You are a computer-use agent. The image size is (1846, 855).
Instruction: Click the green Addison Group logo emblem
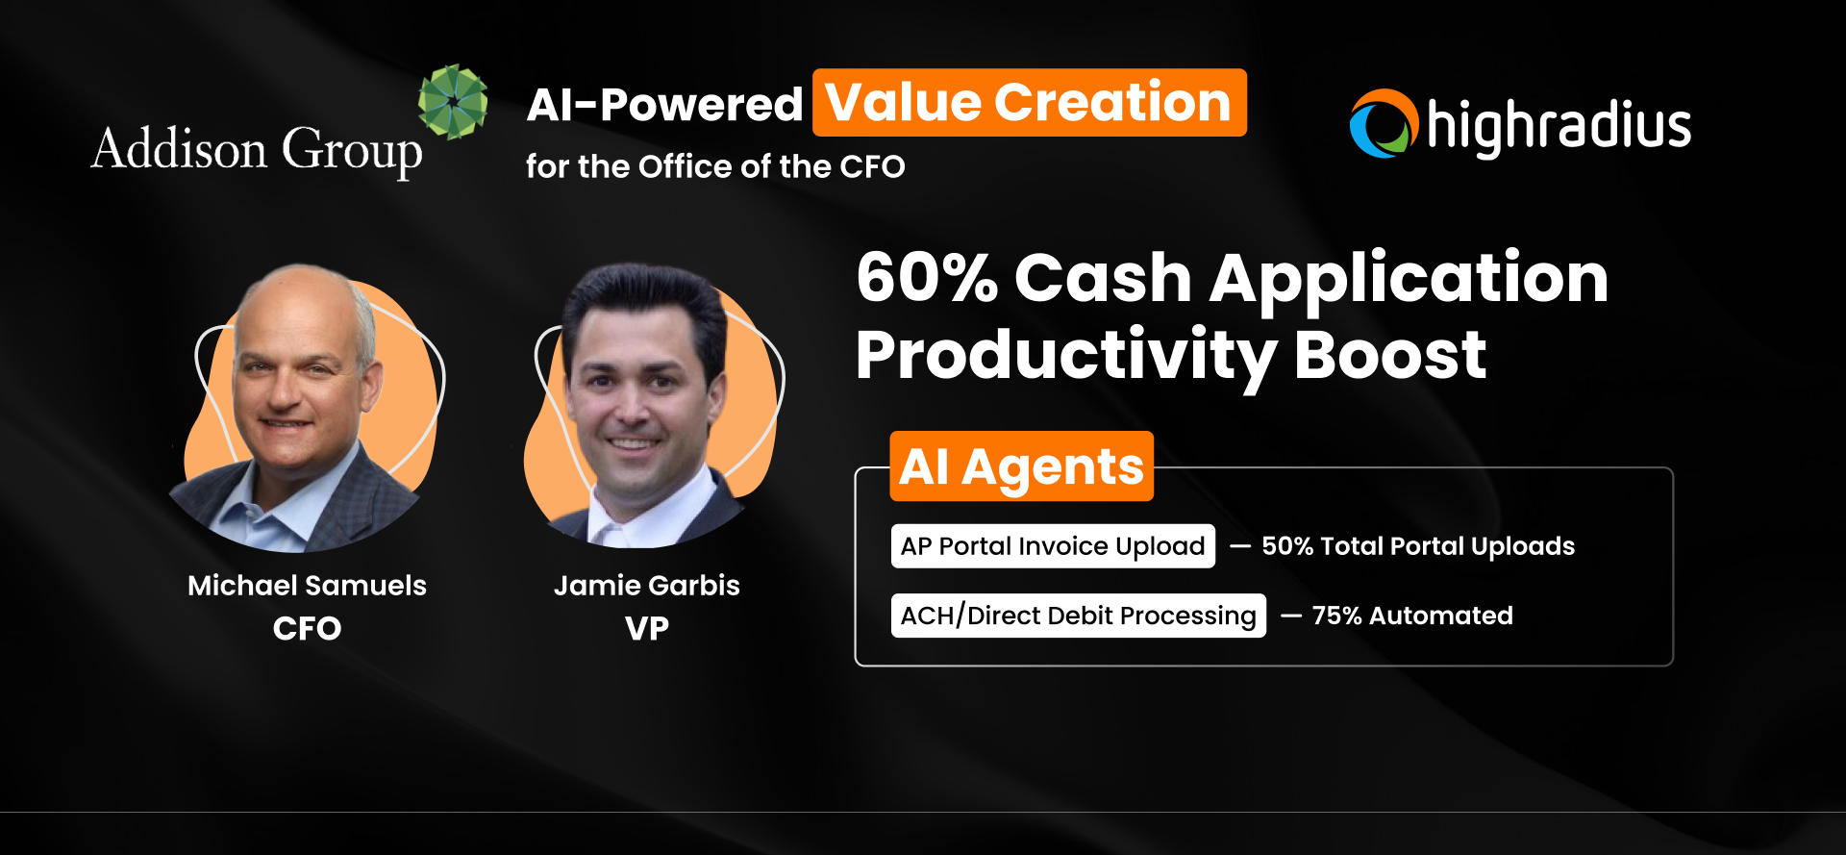[453, 101]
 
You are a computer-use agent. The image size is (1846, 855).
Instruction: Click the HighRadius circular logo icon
[1384, 124]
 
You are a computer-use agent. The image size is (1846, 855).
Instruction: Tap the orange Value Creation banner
[1029, 103]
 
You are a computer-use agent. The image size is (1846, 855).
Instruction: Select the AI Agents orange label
[1021, 466]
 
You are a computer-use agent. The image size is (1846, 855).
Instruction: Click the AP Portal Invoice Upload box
[1053, 546]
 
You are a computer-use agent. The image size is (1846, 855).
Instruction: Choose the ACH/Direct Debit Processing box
[1078, 616]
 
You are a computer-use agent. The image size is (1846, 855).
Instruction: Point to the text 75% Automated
[1412, 616]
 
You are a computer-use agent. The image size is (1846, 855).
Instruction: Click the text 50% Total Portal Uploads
[1418, 546]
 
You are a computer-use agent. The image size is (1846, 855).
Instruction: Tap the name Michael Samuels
[307, 585]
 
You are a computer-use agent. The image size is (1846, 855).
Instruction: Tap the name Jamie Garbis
[647, 585]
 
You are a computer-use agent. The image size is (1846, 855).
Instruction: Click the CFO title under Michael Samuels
[307, 628]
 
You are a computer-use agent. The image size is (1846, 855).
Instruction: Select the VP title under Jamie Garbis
[647, 628]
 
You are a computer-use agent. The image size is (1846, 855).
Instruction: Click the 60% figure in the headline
[927, 279]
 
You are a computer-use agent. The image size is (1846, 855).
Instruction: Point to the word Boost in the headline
[1390, 355]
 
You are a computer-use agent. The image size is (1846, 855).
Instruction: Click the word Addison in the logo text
[180, 149]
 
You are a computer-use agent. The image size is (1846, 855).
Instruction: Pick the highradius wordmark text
[1559, 127]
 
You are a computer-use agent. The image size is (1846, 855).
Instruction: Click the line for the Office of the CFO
[715, 166]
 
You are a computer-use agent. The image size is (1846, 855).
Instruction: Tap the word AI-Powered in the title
[664, 104]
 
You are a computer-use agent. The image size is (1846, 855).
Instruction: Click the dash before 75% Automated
[1291, 616]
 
